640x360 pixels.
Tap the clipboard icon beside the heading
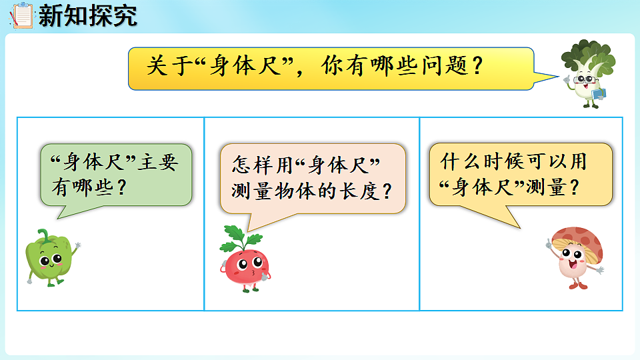(x=22, y=15)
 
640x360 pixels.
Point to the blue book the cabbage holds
(x=598, y=95)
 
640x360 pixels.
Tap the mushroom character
(x=575, y=257)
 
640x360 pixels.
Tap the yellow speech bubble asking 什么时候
(x=520, y=173)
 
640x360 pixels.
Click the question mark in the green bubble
(x=121, y=187)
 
